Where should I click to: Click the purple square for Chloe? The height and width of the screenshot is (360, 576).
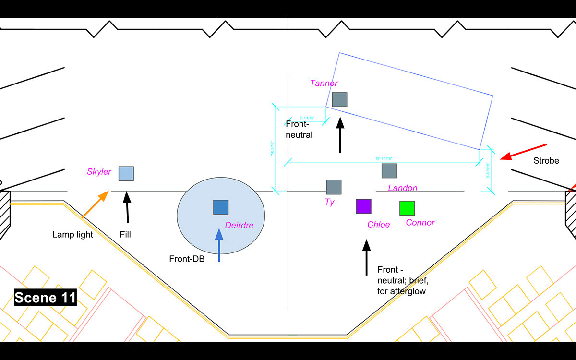click(x=363, y=206)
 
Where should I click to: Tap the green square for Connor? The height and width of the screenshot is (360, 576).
click(x=407, y=208)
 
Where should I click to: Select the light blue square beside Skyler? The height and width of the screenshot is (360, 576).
click(x=126, y=174)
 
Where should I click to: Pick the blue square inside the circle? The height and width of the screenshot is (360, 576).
click(x=221, y=207)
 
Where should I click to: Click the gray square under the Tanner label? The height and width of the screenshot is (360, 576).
click(x=339, y=99)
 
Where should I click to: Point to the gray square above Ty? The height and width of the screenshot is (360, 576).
click(x=334, y=187)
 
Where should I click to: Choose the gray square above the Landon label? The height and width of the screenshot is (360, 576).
click(x=389, y=171)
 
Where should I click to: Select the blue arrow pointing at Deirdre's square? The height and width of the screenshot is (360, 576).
click(x=219, y=245)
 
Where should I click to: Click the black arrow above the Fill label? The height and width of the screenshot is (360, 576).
click(x=128, y=207)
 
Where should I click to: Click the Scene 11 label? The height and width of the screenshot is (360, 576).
click(x=46, y=298)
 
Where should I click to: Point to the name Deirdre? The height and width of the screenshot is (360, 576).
click(x=239, y=225)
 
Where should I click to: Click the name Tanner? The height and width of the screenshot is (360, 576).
click(x=324, y=84)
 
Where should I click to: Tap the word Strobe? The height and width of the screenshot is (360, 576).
click(x=546, y=161)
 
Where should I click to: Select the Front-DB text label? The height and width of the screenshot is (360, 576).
click(x=187, y=259)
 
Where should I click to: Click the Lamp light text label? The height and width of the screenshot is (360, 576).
click(x=72, y=235)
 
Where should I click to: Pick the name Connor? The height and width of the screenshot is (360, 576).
click(x=420, y=223)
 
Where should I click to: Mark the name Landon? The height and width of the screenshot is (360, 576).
click(x=402, y=188)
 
